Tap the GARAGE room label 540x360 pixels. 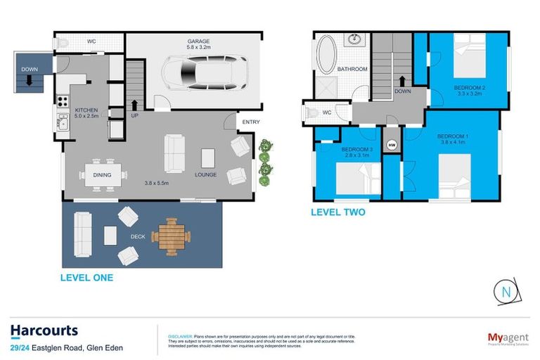tap(198, 41)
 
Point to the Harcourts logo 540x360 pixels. tap(44, 330)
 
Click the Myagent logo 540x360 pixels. tap(507, 338)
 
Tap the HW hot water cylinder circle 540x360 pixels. tap(392, 145)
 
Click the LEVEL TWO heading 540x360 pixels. tap(338, 212)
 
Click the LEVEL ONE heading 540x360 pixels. tap(86, 278)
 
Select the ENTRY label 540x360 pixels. tap(250, 122)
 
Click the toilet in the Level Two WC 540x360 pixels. tap(310, 112)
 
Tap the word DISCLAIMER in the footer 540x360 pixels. tap(174, 335)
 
